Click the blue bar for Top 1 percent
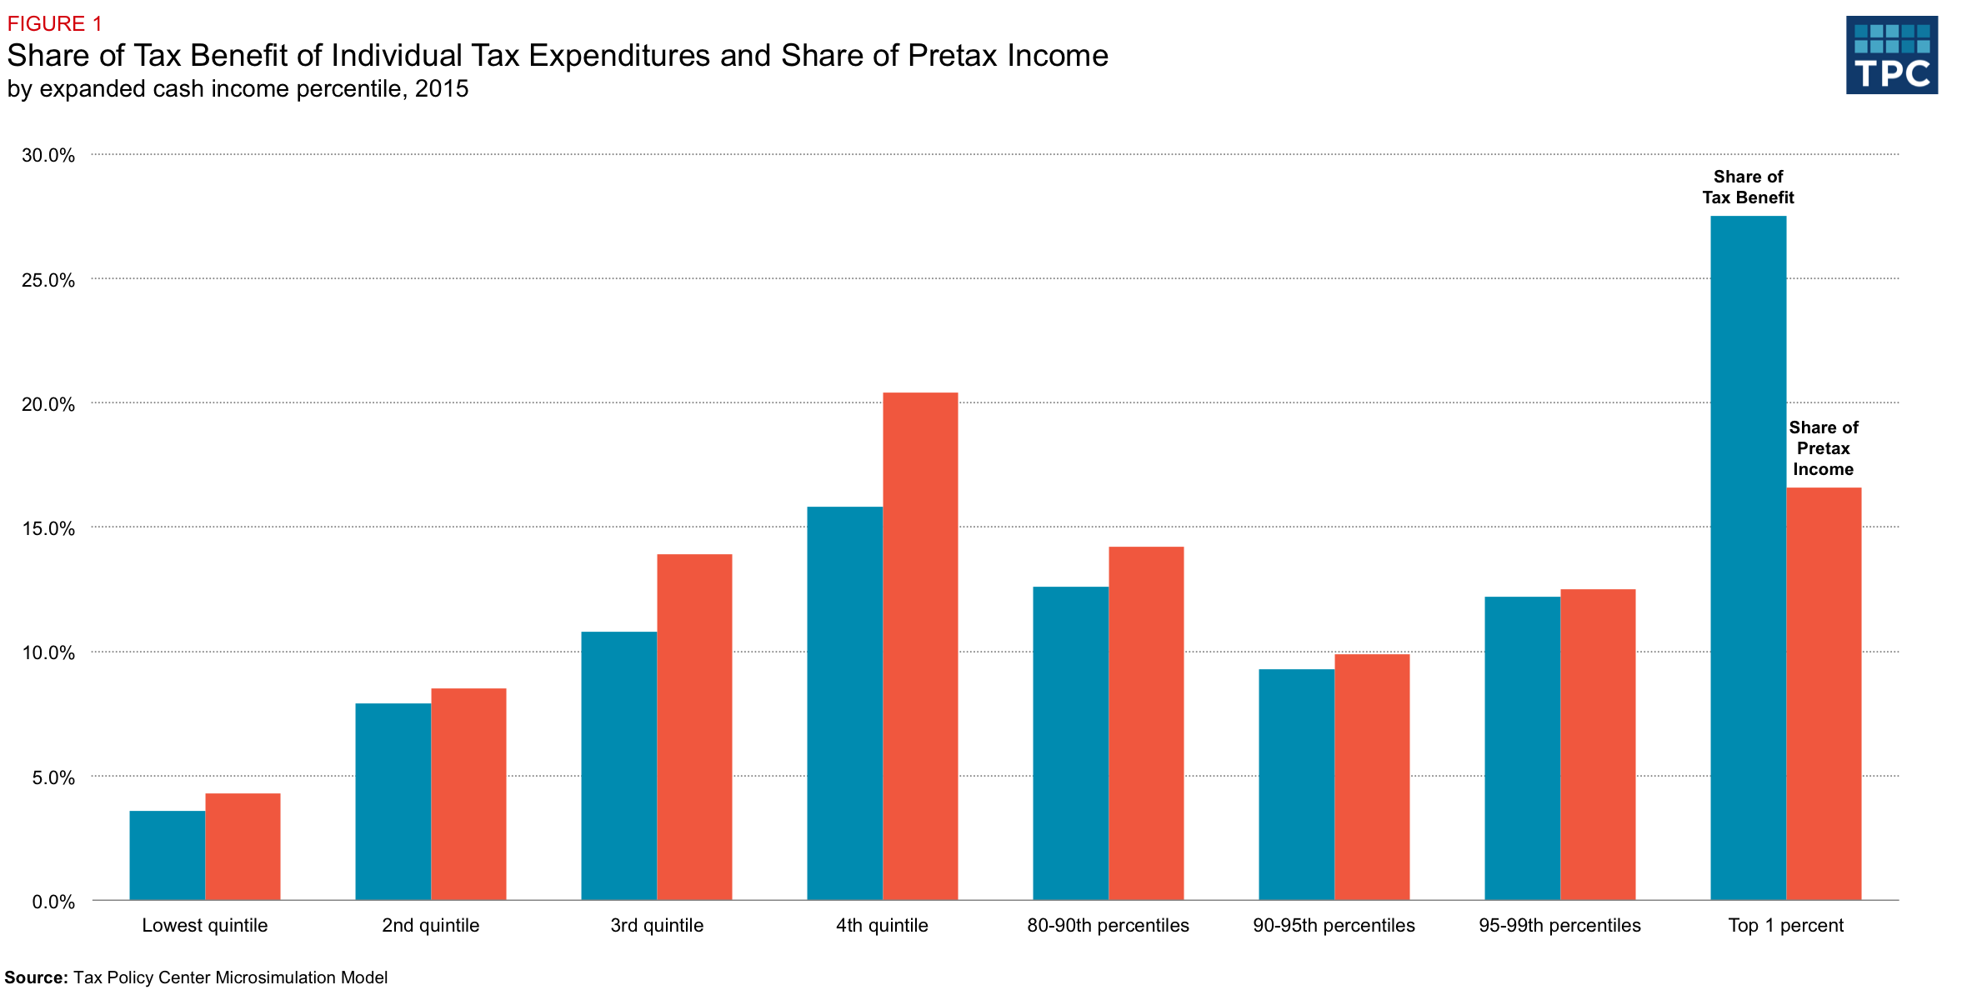[1748, 558]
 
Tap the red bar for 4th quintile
[920, 646]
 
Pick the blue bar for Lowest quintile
[167, 855]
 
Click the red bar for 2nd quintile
[468, 794]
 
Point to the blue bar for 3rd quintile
[618, 766]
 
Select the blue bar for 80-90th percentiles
[1070, 743]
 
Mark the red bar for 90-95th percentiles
[1372, 777]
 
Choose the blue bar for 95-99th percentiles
[1522, 748]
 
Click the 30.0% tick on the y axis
[48, 155]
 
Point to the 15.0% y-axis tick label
[48, 528]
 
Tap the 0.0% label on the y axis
[53, 902]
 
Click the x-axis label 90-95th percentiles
[1334, 925]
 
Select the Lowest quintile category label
[204, 925]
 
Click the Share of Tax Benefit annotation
[1748, 187]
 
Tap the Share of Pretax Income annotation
[1824, 448]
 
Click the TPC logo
[1891, 55]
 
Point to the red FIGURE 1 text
[54, 23]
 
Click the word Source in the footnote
[36, 977]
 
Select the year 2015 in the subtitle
[442, 88]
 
